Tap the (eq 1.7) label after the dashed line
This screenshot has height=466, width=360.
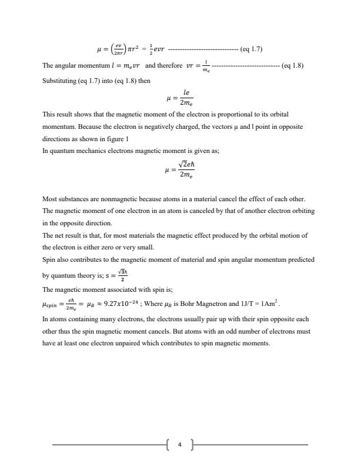(251, 49)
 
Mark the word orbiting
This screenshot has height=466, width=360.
(299, 211)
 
